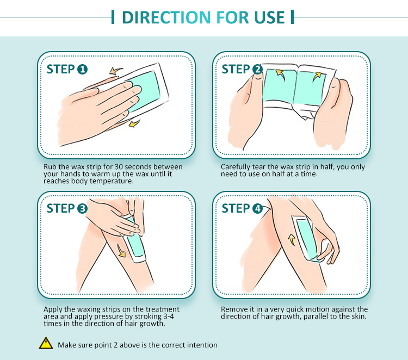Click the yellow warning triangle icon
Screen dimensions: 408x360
(46, 343)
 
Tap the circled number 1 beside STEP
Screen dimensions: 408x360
(82, 70)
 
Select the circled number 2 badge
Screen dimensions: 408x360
(257, 70)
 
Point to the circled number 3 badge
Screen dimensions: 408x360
(82, 209)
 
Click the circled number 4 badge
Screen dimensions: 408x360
(257, 209)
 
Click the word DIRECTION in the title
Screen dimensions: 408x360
(166, 17)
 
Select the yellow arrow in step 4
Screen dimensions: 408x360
(292, 240)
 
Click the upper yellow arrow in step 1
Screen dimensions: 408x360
(115, 71)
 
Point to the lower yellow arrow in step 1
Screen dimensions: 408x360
(134, 123)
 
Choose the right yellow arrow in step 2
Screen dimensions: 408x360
(317, 76)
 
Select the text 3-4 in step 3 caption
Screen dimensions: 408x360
(169, 316)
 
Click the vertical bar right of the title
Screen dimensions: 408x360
(293, 17)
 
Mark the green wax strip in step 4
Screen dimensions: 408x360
(306, 239)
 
